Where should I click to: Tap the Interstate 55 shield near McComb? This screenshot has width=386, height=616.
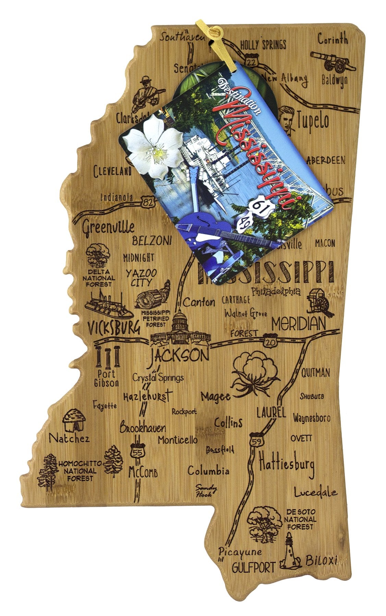coord(136,451)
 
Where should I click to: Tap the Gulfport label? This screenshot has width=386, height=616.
coord(253,568)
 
